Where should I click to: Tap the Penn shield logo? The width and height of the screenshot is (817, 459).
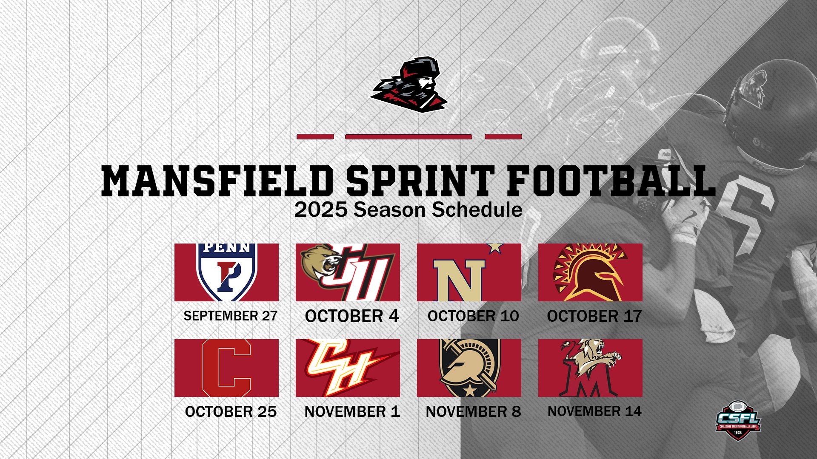(x=226, y=272)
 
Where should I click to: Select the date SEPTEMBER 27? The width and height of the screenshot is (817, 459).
(x=230, y=316)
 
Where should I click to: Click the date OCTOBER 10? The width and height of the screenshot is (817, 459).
(x=473, y=316)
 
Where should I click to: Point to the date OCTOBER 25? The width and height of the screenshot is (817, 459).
(x=231, y=411)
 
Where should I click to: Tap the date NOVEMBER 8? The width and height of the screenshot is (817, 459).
(x=473, y=411)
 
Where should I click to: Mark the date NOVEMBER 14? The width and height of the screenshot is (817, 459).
(x=594, y=411)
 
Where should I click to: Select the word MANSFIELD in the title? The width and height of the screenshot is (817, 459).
(x=217, y=181)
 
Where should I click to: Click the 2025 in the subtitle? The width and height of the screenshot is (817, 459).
(x=321, y=210)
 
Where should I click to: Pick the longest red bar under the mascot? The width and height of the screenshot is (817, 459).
(x=408, y=137)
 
